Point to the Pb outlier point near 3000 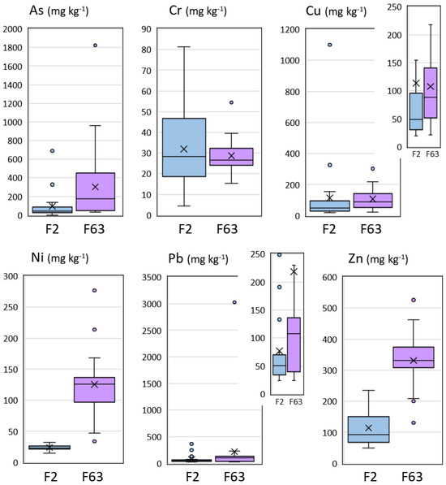pos(234,302)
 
